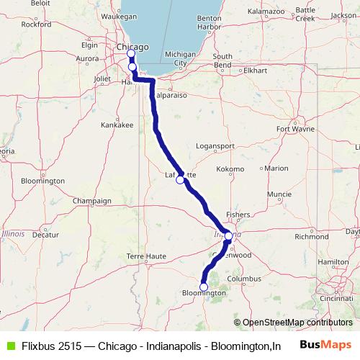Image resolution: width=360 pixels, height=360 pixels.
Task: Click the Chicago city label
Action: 132,47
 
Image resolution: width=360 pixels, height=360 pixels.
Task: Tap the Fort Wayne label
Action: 292,130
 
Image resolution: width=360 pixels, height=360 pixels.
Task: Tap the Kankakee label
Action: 117,125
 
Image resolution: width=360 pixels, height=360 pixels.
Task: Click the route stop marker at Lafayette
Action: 180,181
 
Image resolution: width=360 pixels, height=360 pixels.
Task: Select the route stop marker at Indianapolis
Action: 228,235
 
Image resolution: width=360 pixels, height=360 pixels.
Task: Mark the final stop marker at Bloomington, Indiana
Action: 204,287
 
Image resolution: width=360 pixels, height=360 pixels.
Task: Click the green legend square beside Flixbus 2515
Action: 9,345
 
